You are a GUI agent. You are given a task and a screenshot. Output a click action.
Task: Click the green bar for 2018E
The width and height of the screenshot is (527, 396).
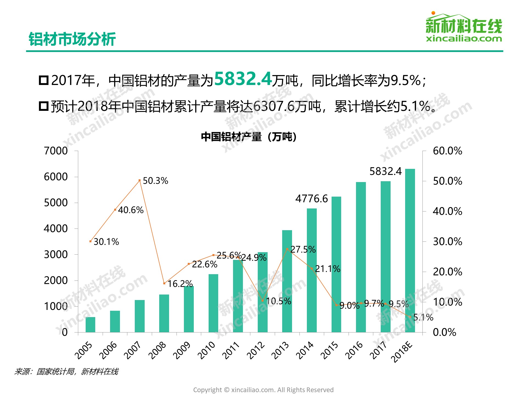tap(410, 250)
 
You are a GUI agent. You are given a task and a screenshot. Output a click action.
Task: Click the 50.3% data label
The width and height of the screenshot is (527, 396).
tap(155, 181)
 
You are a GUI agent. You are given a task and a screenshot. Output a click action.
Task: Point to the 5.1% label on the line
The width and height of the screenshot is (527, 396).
tap(423, 317)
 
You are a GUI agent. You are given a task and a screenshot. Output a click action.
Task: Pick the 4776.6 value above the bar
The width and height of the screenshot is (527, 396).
tap(312, 199)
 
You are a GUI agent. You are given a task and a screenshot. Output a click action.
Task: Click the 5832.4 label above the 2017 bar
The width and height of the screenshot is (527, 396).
tap(385, 171)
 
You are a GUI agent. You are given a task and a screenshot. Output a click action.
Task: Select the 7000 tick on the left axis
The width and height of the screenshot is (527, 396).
tap(56, 151)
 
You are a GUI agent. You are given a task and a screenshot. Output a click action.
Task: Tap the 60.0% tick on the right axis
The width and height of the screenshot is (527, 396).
tap(447, 151)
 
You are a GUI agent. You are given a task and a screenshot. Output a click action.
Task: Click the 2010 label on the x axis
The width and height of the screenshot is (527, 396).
tap(207, 350)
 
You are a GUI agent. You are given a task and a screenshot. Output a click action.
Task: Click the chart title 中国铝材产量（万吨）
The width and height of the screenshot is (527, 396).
tap(249, 137)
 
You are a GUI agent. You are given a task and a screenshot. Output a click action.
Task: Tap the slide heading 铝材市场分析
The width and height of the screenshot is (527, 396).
tap(72, 39)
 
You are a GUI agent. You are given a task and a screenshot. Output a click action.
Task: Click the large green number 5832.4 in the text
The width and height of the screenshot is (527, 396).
tap(243, 79)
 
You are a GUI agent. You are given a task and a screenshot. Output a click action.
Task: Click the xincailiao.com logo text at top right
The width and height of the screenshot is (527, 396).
tap(464, 38)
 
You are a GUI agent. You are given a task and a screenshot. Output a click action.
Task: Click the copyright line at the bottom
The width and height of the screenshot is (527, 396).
tap(263, 390)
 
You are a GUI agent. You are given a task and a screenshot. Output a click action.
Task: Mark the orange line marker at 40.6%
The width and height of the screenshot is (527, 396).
tap(115, 210)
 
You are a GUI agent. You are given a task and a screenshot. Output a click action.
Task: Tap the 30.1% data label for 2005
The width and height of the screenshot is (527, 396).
tap(106, 242)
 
